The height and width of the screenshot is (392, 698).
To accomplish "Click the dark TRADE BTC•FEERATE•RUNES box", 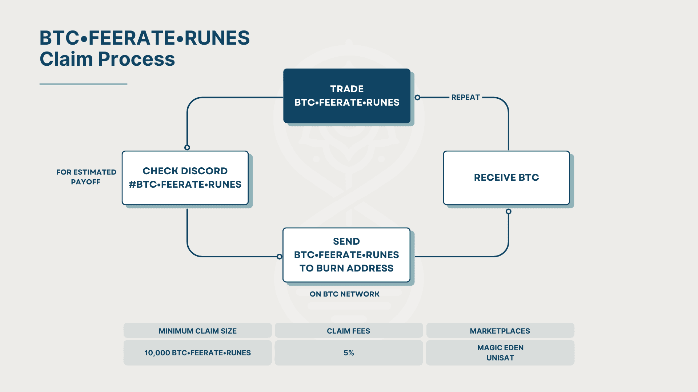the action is click(x=347, y=96).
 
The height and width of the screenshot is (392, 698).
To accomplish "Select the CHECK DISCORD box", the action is click(x=185, y=178).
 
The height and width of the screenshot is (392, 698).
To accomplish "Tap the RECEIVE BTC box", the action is click(x=506, y=178).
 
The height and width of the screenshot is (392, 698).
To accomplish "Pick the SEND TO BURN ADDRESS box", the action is click(x=346, y=255).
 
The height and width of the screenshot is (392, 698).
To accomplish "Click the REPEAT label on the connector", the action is click(x=466, y=97).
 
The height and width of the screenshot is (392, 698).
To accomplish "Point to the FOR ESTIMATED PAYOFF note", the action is click(x=86, y=177).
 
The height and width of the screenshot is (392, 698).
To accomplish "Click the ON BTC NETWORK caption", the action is click(x=344, y=294).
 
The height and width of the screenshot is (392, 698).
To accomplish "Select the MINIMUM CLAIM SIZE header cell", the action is click(x=197, y=331).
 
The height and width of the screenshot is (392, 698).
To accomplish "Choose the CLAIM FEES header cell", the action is click(x=349, y=331).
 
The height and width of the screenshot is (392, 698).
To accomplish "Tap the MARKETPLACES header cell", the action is click(x=500, y=331).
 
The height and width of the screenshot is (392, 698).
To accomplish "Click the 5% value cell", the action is click(x=349, y=353).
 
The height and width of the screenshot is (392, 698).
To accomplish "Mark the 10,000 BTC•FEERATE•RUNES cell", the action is click(x=197, y=353).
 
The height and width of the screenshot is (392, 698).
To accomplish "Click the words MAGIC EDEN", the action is click(x=500, y=348).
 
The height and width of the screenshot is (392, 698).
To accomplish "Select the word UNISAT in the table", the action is click(x=500, y=358).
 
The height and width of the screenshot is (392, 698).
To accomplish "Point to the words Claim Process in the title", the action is click(x=107, y=59).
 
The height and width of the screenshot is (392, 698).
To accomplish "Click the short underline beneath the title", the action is click(x=83, y=84).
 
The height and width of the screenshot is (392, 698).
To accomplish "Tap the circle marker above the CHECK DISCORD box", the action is click(x=187, y=147).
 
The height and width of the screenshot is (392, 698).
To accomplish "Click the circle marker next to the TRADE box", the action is click(x=418, y=97).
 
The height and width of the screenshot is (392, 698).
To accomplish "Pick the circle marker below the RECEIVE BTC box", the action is click(x=509, y=211).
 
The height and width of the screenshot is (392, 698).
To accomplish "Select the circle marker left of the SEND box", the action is click(x=279, y=257).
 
